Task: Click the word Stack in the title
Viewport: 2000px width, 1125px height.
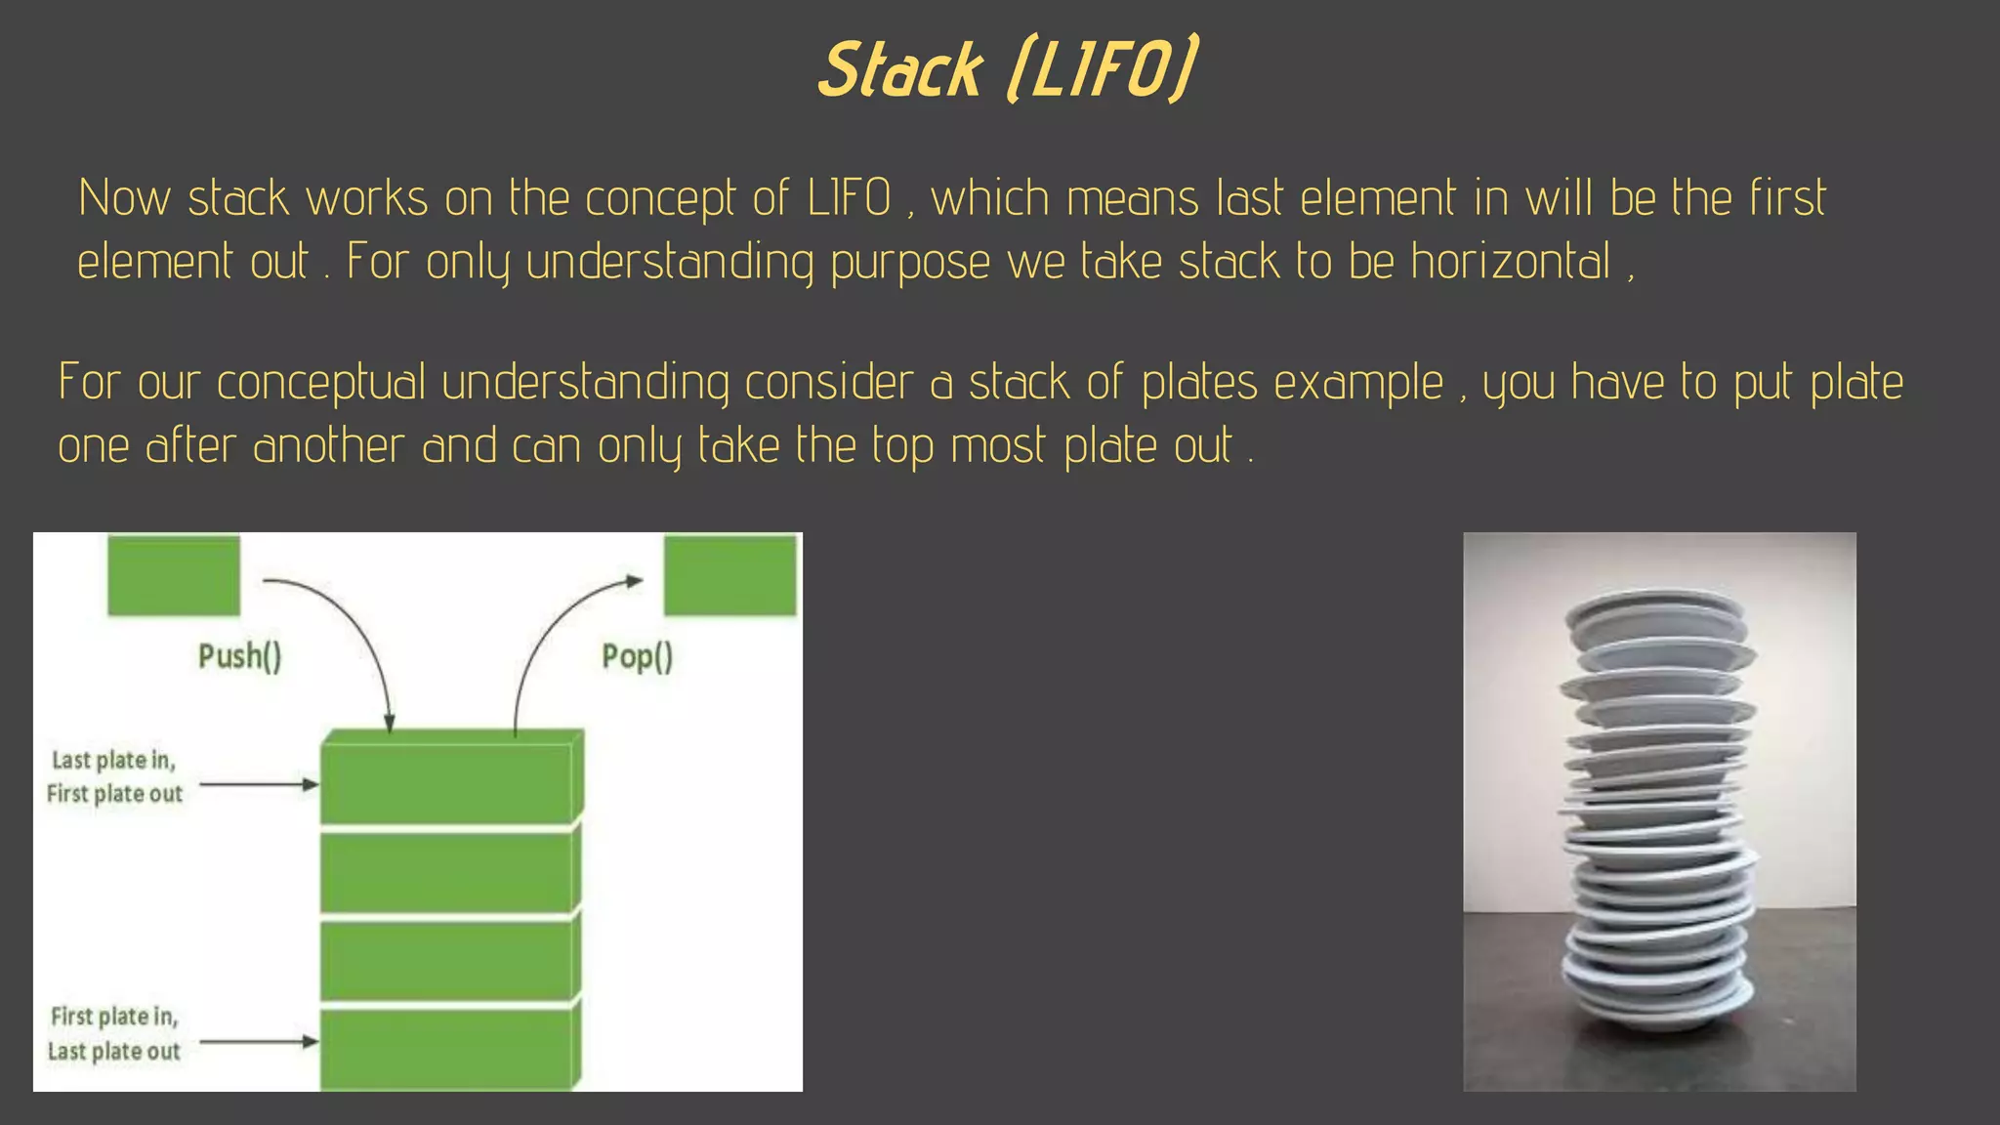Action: pyautogui.click(x=899, y=70)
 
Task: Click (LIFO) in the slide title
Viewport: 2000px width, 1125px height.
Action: pyautogui.click(x=1102, y=70)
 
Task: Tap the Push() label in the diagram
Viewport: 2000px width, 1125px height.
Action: pyautogui.click(x=240, y=656)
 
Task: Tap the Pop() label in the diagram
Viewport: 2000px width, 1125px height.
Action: pyautogui.click(x=637, y=656)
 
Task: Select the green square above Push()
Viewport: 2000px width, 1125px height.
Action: pyautogui.click(x=174, y=575)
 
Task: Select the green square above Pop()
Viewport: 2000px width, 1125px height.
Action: pyautogui.click(x=730, y=575)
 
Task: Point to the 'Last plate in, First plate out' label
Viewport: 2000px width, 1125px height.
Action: pyautogui.click(x=114, y=776)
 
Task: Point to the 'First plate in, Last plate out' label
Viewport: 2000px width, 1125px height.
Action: pyautogui.click(x=114, y=1033)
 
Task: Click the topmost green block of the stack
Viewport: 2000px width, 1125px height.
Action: pyautogui.click(x=447, y=781)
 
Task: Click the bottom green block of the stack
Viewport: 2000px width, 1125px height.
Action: pyautogui.click(x=447, y=1049)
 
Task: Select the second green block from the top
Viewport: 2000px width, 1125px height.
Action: pyautogui.click(x=447, y=872)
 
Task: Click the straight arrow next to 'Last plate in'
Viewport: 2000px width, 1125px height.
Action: pyautogui.click(x=258, y=784)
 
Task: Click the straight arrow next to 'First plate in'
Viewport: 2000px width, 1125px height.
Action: pyautogui.click(x=258, y=1042)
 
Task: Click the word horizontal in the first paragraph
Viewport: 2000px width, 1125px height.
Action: pyautogui.click(x=1510, y=262)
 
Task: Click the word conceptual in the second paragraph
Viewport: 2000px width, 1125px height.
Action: pyautogui.click(x=320, y=383)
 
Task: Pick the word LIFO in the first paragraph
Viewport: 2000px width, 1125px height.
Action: pyautogui.click(x=849, y=198)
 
